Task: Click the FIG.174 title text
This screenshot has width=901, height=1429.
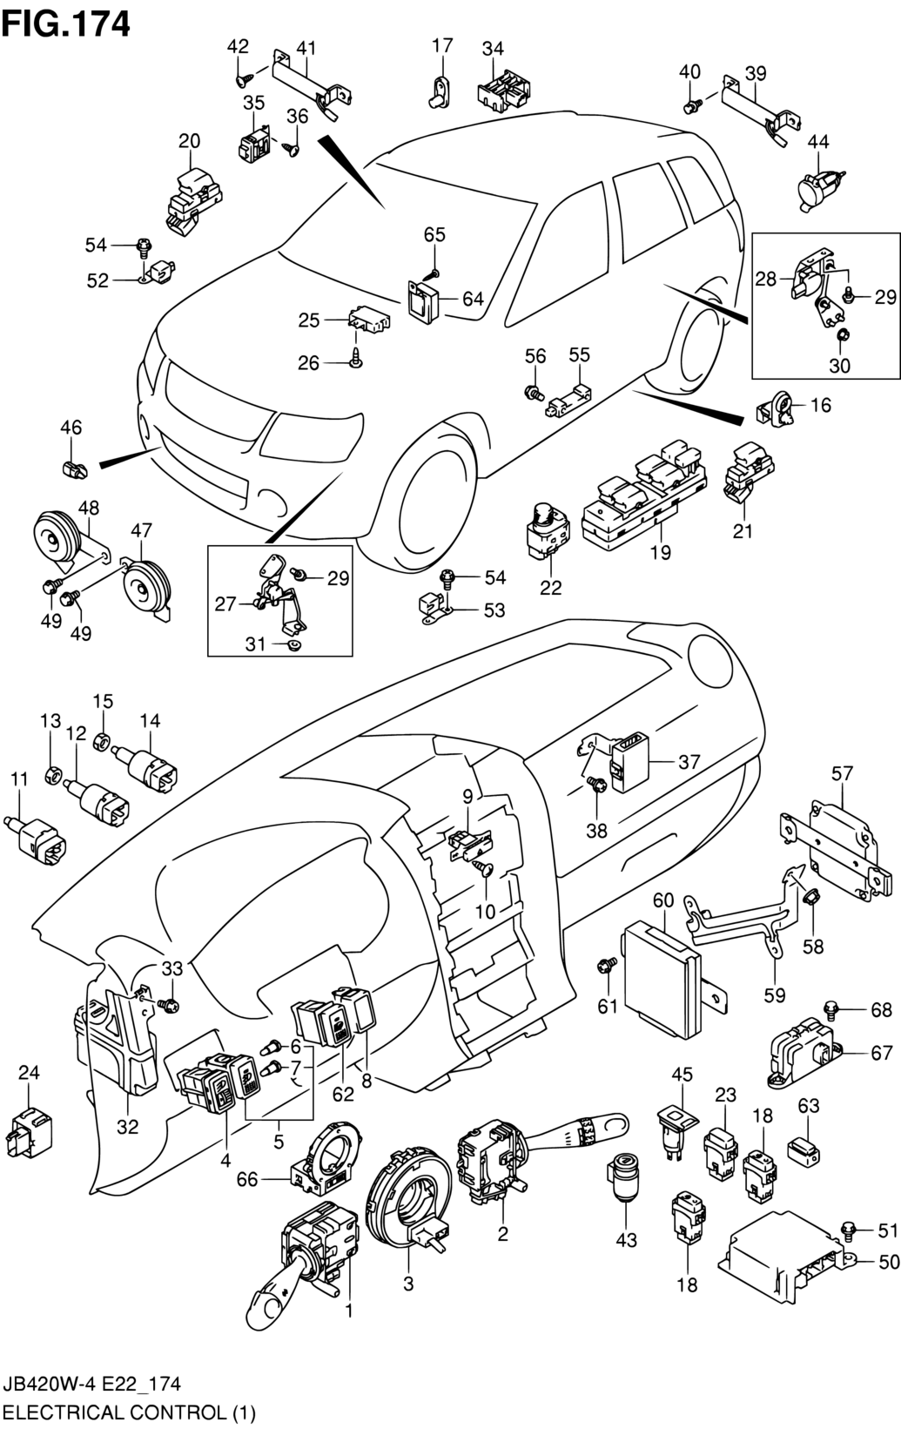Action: (66, 23)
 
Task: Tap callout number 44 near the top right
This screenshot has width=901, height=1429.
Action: (817, 142)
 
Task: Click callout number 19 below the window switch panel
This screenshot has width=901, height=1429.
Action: (660, 552)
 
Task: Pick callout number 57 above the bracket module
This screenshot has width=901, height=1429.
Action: (842, 772)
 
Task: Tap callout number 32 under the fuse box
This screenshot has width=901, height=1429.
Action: (127, 1127)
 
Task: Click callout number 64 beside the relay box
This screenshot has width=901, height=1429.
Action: (473, 299)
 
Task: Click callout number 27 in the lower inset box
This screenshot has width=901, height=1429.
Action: (225, 603)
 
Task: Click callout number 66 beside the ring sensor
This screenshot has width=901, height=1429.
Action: (247, 1179)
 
